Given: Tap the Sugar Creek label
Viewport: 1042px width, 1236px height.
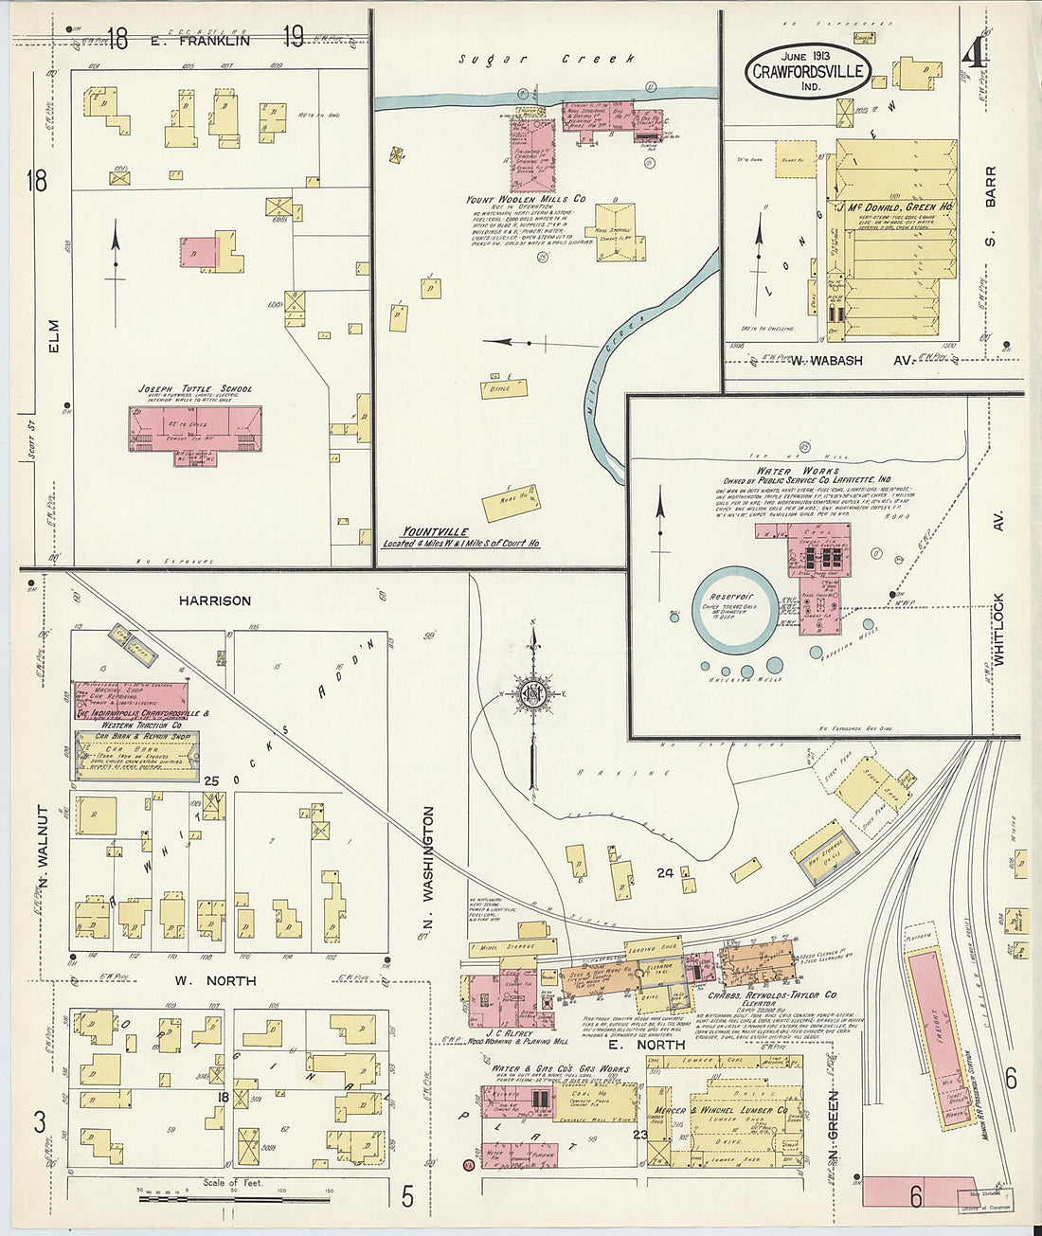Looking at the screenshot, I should tap(547, 59).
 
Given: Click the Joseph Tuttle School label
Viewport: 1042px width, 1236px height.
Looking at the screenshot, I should tap(195, 388).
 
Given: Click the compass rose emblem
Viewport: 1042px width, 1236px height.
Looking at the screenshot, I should tap(533, 692).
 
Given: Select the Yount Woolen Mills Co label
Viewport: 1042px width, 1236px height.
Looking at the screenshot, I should tap(526, 200).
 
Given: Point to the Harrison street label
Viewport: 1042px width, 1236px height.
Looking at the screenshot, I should tap(215, 600).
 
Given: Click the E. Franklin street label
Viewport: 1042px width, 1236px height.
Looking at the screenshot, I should tap(200, 41).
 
